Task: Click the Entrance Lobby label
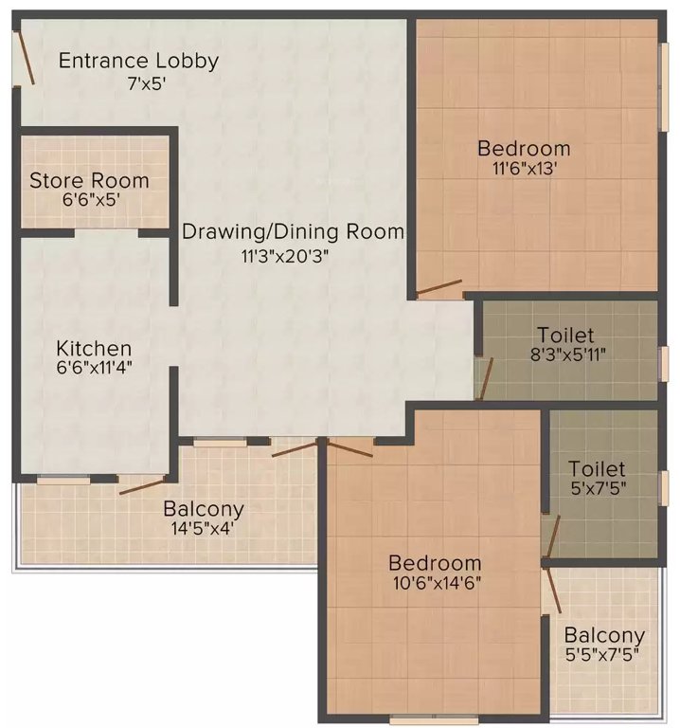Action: [138, 62]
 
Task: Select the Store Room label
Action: [88, 180]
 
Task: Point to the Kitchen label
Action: [93, 348]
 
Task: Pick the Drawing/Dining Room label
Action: [293, 231]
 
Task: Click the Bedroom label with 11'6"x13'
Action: [524, 149]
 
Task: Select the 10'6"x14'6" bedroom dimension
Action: [438, 585]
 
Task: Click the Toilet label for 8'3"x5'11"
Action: [565, 336]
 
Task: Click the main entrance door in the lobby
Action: [25, 60]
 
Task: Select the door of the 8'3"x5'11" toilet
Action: [484, 378]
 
